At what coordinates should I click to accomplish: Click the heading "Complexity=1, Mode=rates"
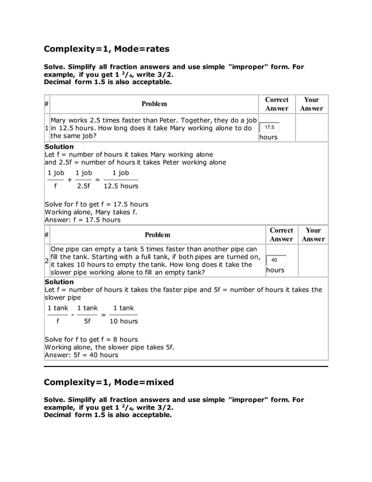click(x=107, y=49)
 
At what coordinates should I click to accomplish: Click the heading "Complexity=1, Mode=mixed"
click(x=109, y=382)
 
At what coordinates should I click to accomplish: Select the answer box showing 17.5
click(x=269, y=127)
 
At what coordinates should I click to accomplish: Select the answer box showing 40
click(x=275, y=260)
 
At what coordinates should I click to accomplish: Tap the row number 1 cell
click(x=47, y=128)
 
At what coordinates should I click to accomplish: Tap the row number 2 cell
click(x=47, y=261)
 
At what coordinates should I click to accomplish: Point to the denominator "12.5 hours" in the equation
click(x=121, y=186)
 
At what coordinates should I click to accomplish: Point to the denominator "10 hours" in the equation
click(x=124, y=321)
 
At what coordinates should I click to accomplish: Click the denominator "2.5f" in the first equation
click(x=83, y=186)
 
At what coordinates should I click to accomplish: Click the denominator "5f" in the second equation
click(x=87, y=321)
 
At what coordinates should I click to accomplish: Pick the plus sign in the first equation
click(x=70, y=180)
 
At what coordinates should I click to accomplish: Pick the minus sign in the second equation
click(x=72, y=315)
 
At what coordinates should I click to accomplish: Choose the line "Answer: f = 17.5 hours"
click(x=82, y=220)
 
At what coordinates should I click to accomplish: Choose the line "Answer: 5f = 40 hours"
click(x=81, y=355)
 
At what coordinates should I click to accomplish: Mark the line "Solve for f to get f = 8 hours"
click(x=91, y=339)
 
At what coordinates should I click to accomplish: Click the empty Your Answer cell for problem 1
click(x=312, y=128)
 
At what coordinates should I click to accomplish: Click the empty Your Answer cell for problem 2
click(x=313, y=261)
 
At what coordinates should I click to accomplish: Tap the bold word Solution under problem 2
click(x=59, y=282)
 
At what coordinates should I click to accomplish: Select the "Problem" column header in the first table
click(x=154, y=104)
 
